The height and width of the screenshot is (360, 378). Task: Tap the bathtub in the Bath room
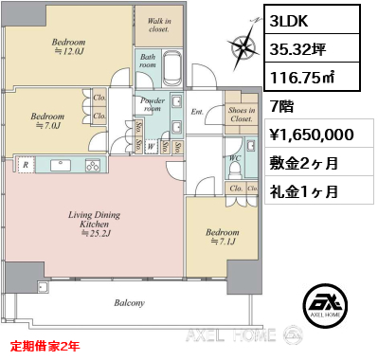[173, 70]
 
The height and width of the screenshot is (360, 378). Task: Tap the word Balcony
[129, 303]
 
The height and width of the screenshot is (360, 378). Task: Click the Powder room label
[153, 103]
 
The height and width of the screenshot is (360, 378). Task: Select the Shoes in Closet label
[241, 115]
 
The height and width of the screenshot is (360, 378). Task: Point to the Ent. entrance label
[197, 113]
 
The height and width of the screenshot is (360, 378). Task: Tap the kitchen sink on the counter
[52, 163]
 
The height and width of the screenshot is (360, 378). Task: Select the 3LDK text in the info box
[293, 19]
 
